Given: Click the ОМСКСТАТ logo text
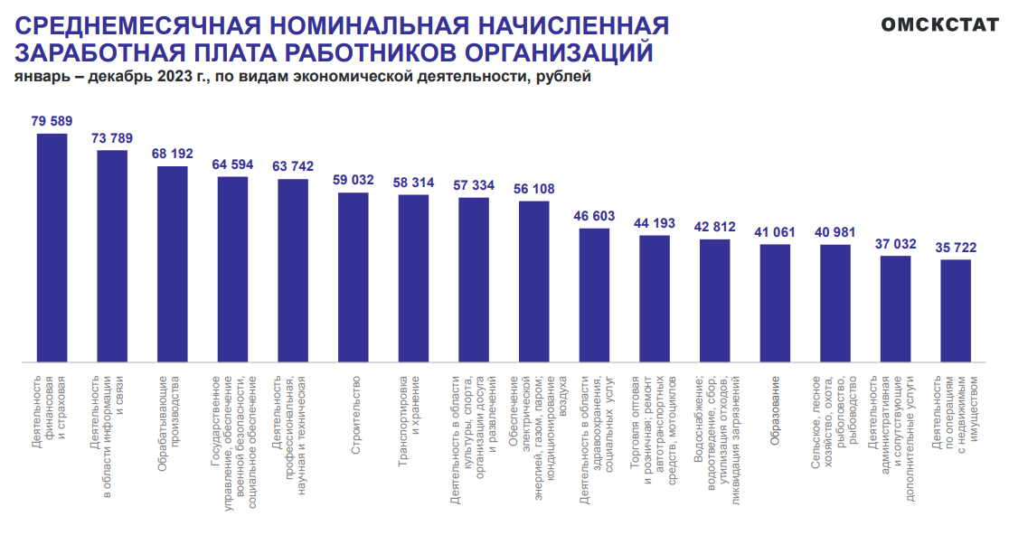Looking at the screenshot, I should point(940,24).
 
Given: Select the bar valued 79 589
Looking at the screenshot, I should point(52,248).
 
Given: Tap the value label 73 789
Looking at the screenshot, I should point(112,138).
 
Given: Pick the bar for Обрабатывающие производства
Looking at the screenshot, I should point(173,264).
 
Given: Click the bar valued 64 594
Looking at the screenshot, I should point(233,269).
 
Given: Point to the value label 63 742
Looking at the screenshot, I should point(293,166).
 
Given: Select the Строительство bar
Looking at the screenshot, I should point(354,277).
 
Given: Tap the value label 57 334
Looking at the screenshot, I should point(474,184).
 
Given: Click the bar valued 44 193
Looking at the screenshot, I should point(655,298).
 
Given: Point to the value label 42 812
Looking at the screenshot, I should point(715,226).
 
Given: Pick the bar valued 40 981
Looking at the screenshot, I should point(835,303).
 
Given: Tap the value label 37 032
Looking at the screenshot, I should point(896,243).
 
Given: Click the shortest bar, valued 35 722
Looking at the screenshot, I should point(957,310).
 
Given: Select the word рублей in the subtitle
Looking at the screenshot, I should point(564,77).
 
